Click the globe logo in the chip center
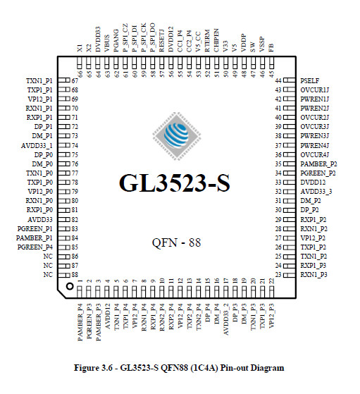[x=177, y=136]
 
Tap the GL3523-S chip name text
[x=174, y=183]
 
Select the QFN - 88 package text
[x=176, y=242]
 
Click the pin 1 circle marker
[x=70, y=286]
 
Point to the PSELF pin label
[x=309, y=80]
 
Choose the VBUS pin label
[x=107, y=44]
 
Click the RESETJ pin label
[x=161, y=40]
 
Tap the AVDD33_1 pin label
[x=37, y=146]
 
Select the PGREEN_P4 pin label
[x=35, y=247]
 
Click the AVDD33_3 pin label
[x=316, y=192]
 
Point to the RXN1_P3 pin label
[x=314, y=275]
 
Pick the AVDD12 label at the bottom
[x=108, y=316]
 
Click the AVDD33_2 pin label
[x=226, y=319]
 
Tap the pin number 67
[x=75, y=81]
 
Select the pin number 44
[x=278, y=81]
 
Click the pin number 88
[x=75, y=275]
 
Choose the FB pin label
[x=271, y=48]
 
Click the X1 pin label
[x=80, y=48]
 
